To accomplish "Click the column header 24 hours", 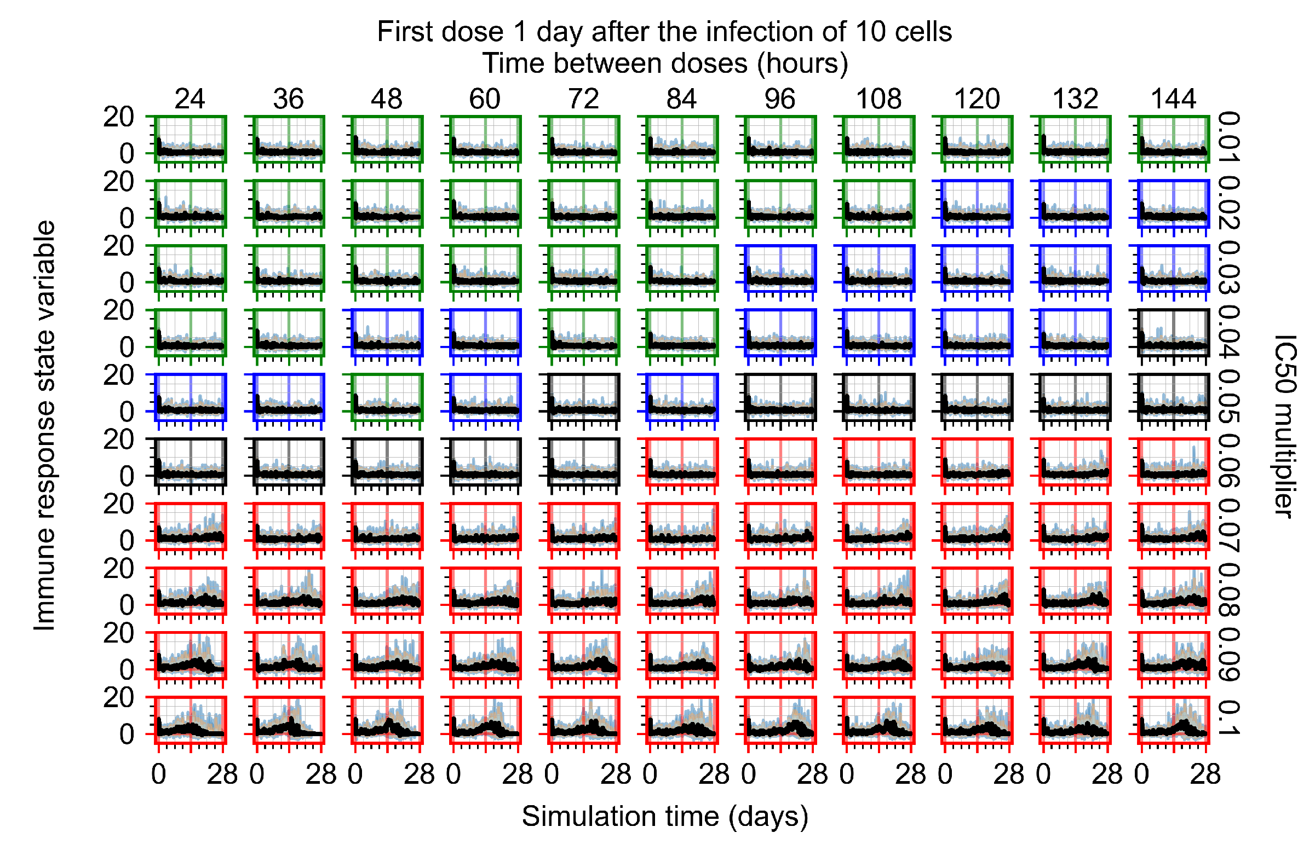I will click(x=190, y=99).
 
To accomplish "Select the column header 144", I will click(x=1173, y=99).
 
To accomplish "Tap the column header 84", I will click(x=682, y=99).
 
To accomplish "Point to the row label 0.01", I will click(x=1229, y=137).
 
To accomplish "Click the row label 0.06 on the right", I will click(x=1229, y=461).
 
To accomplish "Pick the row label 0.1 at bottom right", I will click(x=1229, y=718).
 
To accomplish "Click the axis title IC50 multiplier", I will click(x=1285, y=426).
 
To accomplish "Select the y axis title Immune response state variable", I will click(x=45, y=426).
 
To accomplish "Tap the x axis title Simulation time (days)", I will click(x=665, y=816).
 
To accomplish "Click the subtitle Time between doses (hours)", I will click(x=665, y=63).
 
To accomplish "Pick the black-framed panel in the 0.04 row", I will click(x=1174, y=333).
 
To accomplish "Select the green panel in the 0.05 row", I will click(x=387, y=397).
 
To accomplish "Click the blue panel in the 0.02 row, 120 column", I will click(x=977, y=203).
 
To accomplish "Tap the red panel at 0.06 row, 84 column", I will click(x=682, y=461).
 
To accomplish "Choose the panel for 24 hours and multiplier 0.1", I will click(x=190, y=720).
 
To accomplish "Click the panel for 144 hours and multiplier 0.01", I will click(x=1174, y=139).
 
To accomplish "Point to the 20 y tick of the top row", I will click(x=118, y=117).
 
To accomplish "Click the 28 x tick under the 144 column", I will click(x=1205, y=774).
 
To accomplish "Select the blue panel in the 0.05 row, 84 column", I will click(x=682, y=397).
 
